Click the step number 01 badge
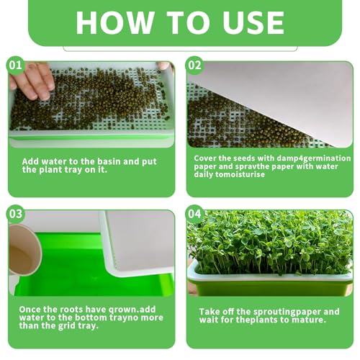(16, 66)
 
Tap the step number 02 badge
(194, 66)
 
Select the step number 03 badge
(16, 214)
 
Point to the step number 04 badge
(194, 214)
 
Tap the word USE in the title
(253, 22)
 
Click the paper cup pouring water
(24, 250)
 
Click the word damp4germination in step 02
(314, 158)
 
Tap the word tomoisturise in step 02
(240, 174)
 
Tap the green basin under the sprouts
(270, 287)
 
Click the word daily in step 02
(203, 174)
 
